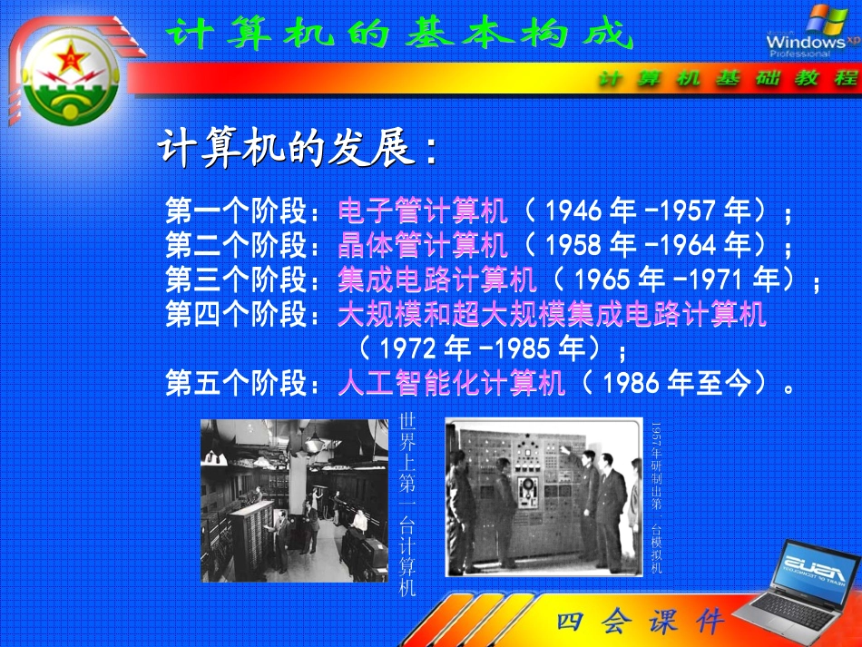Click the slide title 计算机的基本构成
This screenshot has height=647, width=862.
pyautogui.click(x=399, y=35)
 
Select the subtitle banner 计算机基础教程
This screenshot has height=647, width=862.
pyautogui.click(x=727, y=79)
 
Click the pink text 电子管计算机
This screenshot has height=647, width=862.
pyautogui.click(x=423, y=211)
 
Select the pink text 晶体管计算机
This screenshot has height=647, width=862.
pyautogui.click(x=423, y=245)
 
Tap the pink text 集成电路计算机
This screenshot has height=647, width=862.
pyautogui.click(x=437, y=279)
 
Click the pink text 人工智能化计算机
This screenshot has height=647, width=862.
pyautogui.click(x=452, y=384)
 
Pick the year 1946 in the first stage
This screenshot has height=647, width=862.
pyautogui.click(x=575, y=212)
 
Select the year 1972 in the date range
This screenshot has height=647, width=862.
pyautogui.click(x=412, y=349)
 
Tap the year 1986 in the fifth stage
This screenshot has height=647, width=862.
pyautogui.click(x=632, y=385)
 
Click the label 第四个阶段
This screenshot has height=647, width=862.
pyautogui.click(x=238, y=315)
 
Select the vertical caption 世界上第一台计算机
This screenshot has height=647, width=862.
pyautogui.click(x=407, y=505)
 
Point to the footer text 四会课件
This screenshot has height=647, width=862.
pyautogui.click(x=641, y=622)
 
